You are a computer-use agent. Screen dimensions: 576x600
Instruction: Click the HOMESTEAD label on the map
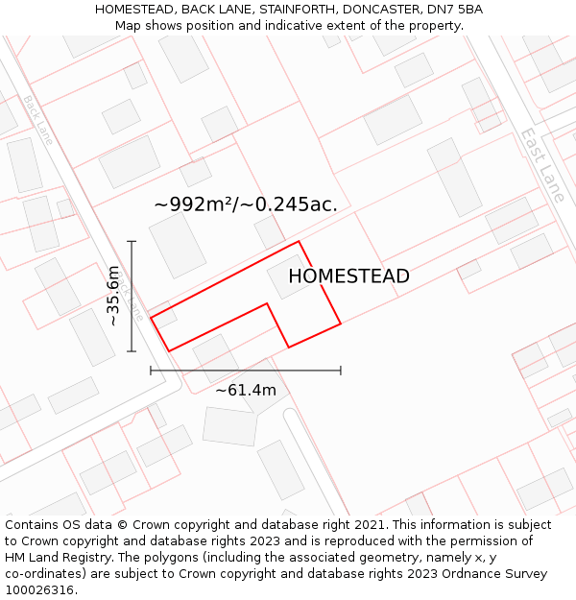click(348, 276)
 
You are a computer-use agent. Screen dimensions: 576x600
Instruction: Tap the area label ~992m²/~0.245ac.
click(246, 204)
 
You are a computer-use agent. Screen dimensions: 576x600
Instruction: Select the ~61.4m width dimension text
click(245, 390)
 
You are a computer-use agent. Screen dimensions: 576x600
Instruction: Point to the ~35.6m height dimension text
click(113, 296)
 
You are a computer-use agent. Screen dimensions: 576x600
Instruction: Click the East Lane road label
click(542, 164)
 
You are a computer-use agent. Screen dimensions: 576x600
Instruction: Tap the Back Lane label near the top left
click(38, 119)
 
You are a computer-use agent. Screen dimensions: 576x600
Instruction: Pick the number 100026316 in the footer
click(39, 590)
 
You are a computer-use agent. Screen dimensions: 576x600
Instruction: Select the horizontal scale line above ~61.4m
click(245, 370)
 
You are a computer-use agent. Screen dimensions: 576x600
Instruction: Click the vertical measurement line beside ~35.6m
click(132, 296)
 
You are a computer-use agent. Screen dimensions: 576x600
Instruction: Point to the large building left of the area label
click(178, 245)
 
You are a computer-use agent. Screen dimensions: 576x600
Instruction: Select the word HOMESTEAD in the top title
click(133, 10)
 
